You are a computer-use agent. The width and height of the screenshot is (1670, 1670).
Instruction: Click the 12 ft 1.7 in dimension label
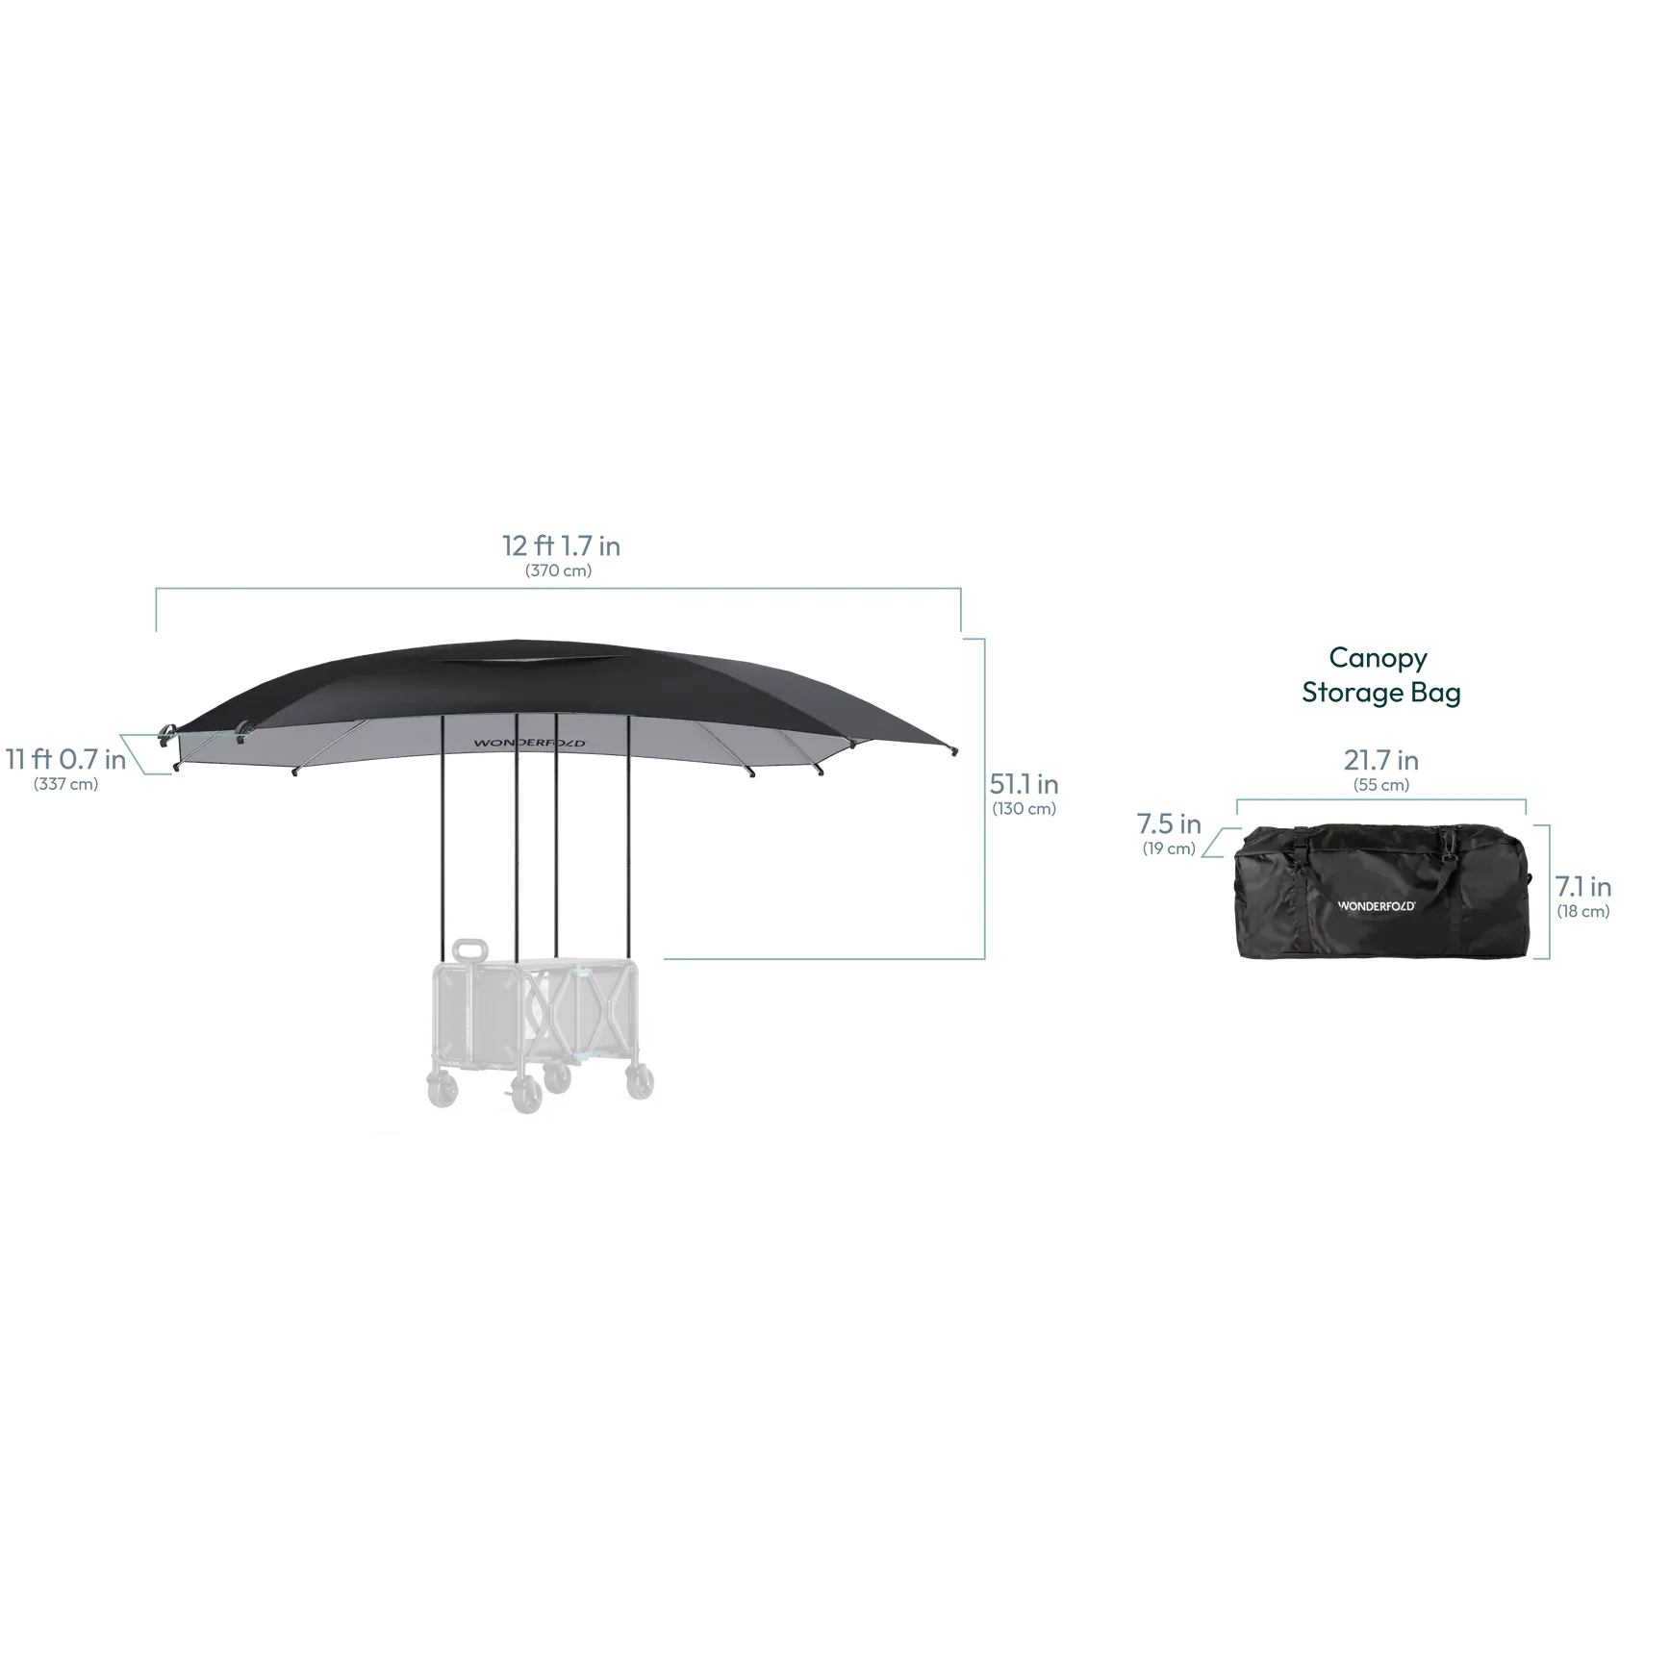(561, 545)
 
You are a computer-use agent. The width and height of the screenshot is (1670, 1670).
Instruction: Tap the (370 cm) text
(558, 570)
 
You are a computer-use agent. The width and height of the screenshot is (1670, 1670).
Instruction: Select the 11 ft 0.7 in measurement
(65, 759)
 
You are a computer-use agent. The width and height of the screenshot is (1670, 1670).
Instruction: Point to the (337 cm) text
(65, 784)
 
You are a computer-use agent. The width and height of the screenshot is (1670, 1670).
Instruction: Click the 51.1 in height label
(1024, 784)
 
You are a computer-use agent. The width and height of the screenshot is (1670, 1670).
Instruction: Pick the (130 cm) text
(1024, 809)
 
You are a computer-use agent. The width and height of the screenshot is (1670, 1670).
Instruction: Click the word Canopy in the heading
(1378, 659)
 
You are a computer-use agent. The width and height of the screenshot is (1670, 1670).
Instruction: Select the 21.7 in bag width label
(1380, 760)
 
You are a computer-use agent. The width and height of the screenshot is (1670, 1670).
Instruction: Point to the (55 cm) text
(1380, 785)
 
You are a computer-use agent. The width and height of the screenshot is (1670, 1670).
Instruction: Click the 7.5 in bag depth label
(1169, 823)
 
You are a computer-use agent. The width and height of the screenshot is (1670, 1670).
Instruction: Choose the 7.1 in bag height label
(1582, 887)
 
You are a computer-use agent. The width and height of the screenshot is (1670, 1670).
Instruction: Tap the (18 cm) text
(1582, 912)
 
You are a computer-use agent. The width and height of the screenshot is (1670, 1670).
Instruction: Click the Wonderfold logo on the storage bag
(1377, 906)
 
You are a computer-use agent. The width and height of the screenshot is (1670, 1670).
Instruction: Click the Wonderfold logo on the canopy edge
(529, 743)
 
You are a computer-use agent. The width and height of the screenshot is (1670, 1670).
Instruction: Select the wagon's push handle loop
(470, 950)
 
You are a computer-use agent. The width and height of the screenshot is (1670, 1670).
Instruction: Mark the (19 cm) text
(1169, 848)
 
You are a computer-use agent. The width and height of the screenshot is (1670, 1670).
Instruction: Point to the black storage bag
(1382, 891)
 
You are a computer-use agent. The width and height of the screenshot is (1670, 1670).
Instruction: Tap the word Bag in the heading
(1435, 694)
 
